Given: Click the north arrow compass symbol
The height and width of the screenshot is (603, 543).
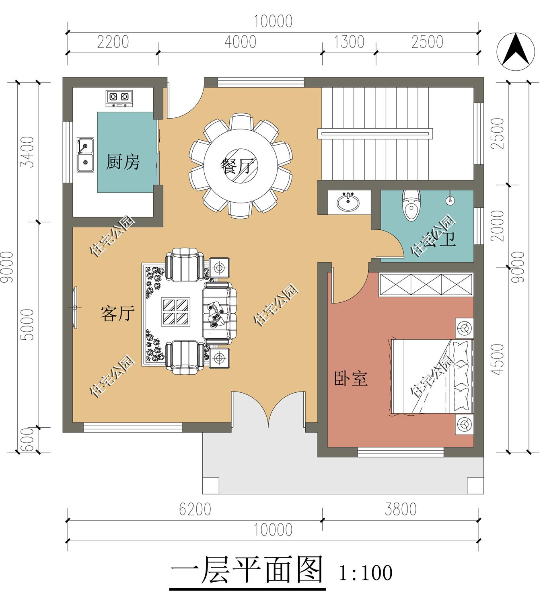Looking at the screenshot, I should (516, 52).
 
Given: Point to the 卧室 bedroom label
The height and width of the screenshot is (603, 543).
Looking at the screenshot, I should (351, 378).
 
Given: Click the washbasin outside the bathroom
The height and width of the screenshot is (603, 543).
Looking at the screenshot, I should (349, 201).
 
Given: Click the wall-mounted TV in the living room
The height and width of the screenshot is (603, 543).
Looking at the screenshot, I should (75, 308).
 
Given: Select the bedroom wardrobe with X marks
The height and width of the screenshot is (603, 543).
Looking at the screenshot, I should (426, 285).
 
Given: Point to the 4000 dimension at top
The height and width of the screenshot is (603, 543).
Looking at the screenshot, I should (240, 42).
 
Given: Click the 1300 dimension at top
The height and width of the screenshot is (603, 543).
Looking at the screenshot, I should (349, 42).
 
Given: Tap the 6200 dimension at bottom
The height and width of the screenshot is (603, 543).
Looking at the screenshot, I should (195, 509).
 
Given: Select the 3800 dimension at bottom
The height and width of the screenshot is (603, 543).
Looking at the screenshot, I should (400, 509).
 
